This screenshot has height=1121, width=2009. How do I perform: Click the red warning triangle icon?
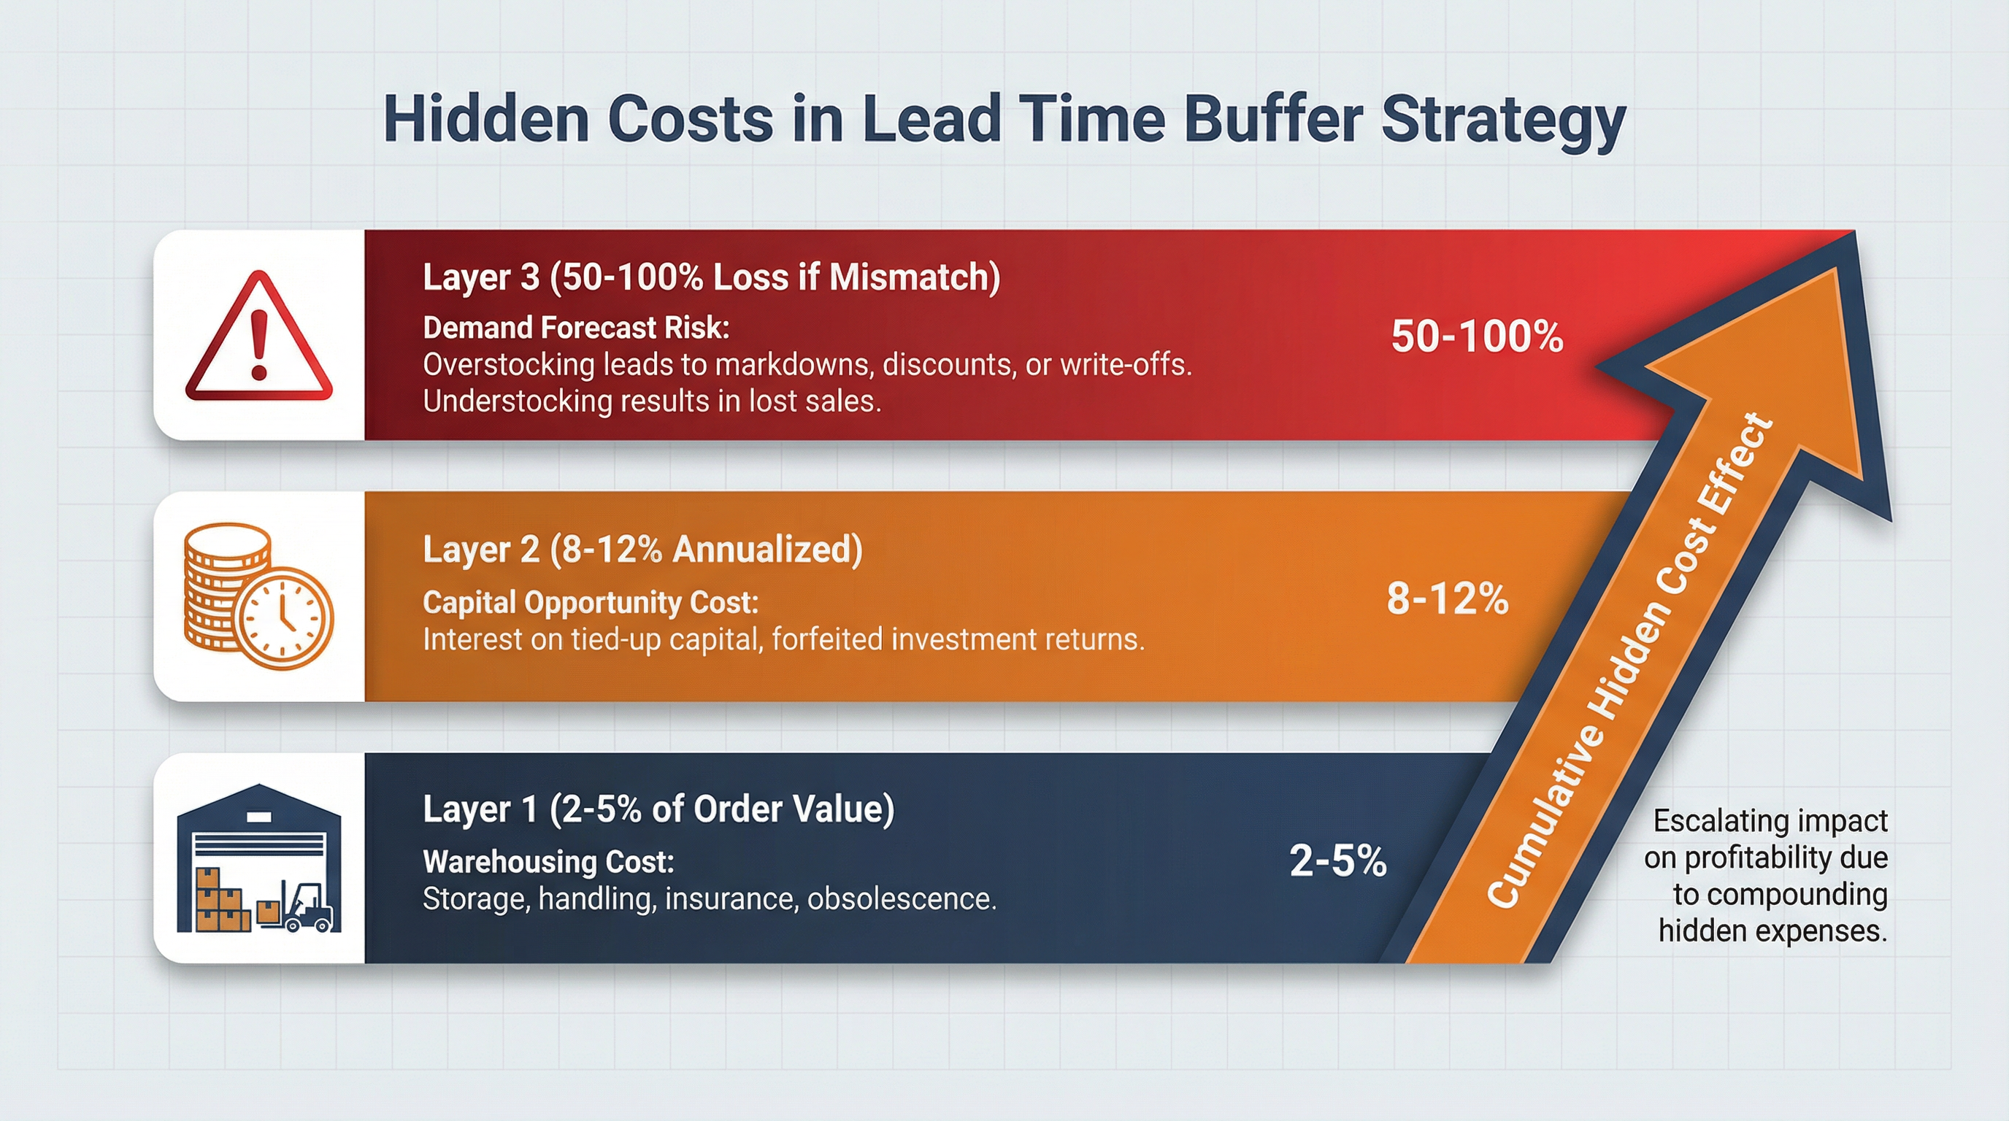(259, 339)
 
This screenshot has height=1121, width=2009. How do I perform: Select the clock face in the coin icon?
(285, 617)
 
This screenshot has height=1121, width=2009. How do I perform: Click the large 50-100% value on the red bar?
(1477, 336)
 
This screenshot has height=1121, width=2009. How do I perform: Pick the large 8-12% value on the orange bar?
(1448, 598)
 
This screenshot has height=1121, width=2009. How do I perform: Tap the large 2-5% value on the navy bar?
(1337, 860)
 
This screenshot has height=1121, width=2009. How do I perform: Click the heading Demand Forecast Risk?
(575, 328)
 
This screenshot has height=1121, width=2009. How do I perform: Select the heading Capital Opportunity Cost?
(591, 602)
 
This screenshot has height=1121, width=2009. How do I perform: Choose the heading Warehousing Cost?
(548, 861)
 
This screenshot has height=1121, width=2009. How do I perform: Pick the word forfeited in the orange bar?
(827, 639)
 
